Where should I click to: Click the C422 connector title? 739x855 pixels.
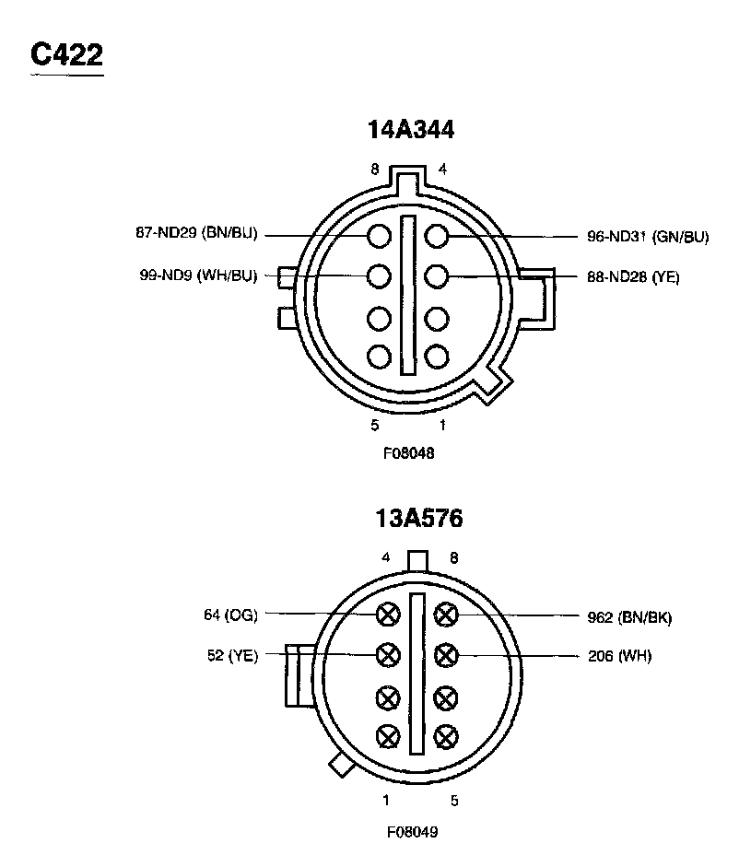click(x=66, y=54)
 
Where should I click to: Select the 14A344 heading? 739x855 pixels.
click(x=411, y=130)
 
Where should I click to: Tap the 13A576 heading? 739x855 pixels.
click(x=419, y=518)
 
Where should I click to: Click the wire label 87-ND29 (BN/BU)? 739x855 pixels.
click(x=196, y=233)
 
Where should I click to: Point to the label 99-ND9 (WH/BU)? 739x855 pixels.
click(x=198, y=275)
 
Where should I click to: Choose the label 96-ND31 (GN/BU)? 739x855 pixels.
click(x=648, y=237)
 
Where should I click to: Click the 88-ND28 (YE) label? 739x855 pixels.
click(x=633, y=277)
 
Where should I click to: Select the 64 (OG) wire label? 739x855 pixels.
click(x=230, y=615)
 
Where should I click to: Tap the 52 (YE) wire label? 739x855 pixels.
click(x=232, y=655)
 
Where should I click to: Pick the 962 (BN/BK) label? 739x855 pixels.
click(x=629, y=617)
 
